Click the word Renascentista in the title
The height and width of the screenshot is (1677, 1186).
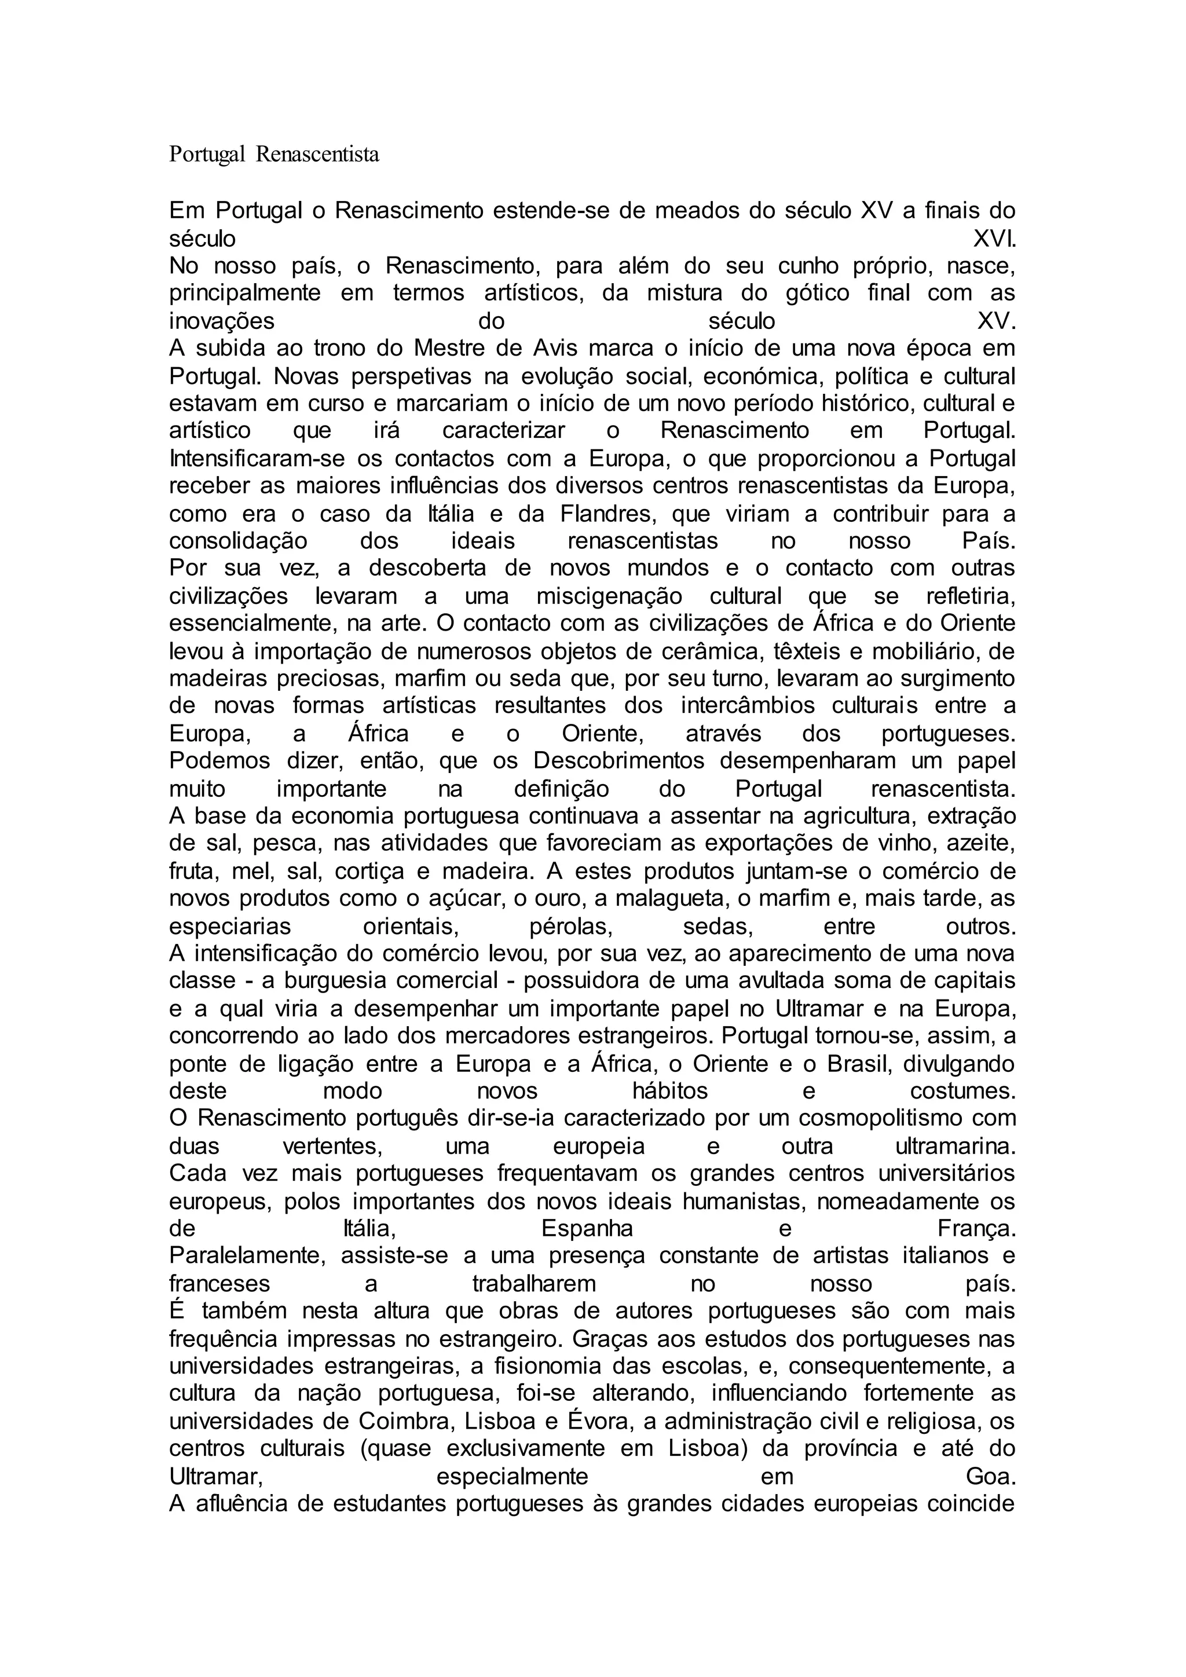coord(317,155)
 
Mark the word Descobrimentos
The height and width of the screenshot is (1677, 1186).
coord(618,761)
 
